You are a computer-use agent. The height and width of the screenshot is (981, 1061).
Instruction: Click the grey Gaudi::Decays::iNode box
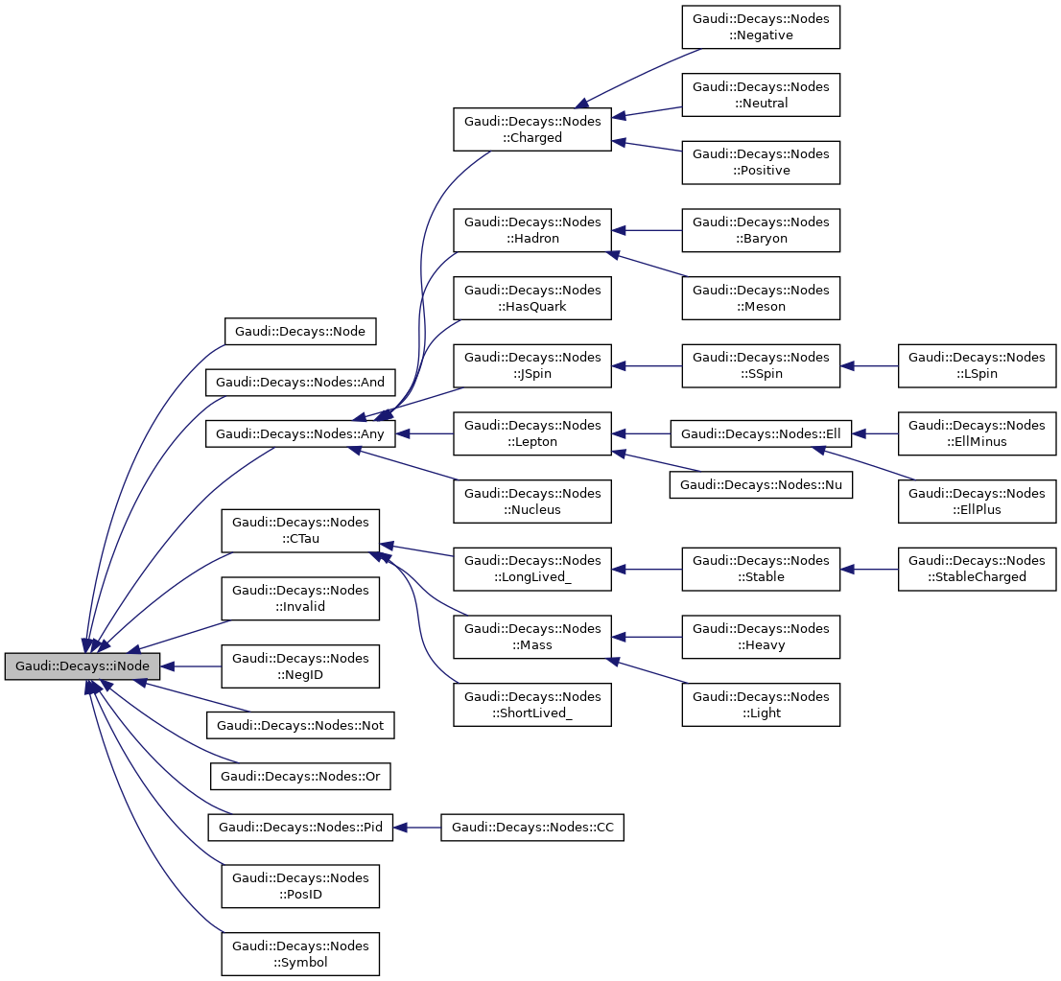[x=83, y=666]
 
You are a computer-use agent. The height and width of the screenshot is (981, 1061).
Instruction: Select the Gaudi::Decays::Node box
[x=299, y=332]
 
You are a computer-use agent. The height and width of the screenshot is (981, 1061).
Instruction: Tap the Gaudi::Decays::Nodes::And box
[x=299, y=383]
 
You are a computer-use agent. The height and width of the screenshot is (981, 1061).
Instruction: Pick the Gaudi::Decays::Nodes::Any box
[x=299, y=433]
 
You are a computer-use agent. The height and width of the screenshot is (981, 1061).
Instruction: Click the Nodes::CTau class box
[x=299, y=530]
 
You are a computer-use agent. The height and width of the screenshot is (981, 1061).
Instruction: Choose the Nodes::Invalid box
[x=299, y=597]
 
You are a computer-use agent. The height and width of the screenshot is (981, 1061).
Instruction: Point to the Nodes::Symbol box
[x=299, y=954]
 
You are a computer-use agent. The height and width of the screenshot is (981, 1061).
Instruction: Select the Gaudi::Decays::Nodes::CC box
[x=532, y=827]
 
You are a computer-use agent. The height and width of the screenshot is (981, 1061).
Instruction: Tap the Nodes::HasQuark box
[x=532, y=297]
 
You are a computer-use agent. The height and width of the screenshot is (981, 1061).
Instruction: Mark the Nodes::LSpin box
[x=977, y=365]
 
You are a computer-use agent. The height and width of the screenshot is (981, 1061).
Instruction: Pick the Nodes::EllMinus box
[x=977, y=433]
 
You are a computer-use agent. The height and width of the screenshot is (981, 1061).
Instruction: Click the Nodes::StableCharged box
[x=977, y=569]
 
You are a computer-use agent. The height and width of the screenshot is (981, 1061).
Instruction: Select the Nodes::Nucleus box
[x=532, y=501]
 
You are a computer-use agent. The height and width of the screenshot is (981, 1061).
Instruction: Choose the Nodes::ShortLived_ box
[x=532, y=705]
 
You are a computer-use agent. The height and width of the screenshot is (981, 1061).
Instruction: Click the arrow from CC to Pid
[x=417, y=827]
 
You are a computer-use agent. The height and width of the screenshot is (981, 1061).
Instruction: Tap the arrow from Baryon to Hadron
[x=647, y=230]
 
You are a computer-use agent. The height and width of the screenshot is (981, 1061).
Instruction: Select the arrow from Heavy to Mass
[x=647, y=637]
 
